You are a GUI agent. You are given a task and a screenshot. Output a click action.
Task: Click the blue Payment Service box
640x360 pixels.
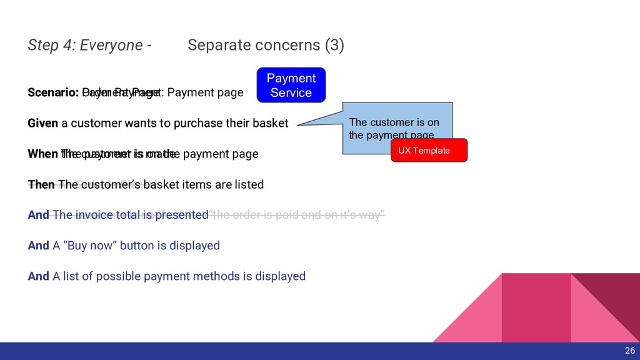pos(291,86)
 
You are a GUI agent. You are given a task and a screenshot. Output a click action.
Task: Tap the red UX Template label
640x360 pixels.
pos(429,151)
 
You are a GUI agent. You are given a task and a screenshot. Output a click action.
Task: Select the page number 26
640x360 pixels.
pos(629,351)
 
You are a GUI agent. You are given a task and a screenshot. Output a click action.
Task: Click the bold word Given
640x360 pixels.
pos(42,123)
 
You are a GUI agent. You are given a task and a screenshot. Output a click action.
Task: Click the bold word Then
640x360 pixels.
pos(41,184)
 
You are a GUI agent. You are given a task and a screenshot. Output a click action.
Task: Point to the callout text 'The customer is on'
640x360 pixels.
pos(394,122)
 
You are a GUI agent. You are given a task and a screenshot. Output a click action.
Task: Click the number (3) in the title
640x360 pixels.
pos(332,46)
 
